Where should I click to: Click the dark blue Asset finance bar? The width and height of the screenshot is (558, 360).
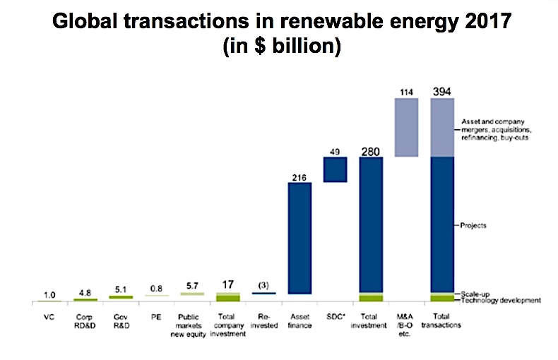pyautogui.click(x=299, y=238)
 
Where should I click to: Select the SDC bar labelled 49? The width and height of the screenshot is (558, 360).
pyautogui.click(x=335, y=169)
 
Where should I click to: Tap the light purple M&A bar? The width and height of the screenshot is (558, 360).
pyautogui.click(x=406, y=127)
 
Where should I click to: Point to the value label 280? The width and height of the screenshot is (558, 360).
pyautogui.click(x=371, y=150)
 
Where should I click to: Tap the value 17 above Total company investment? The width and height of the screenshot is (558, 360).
pyautogui.click(x=228, y=284)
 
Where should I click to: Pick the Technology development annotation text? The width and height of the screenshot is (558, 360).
pyautogui.click(x=502, y=301)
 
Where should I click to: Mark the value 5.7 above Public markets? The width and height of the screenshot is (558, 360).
pyautogui.click(x=192, y=286)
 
